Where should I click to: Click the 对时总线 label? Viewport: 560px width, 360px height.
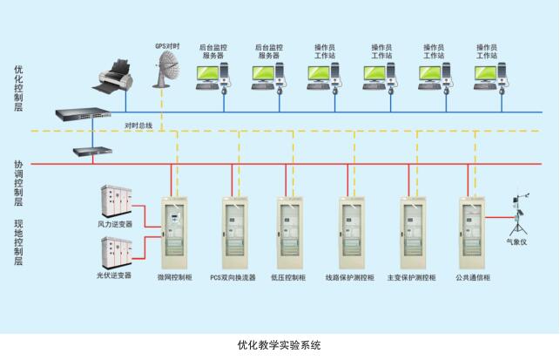[138, 126]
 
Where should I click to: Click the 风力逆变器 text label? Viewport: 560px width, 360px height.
[114, 223]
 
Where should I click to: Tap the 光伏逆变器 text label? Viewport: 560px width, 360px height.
[114, 275]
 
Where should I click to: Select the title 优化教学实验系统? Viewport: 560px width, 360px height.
[279, 344]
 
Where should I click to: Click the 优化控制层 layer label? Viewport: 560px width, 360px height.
[18, 88]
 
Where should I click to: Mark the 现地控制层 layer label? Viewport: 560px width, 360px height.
[18, 241]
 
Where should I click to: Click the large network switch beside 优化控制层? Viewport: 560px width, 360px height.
[83, 114]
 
